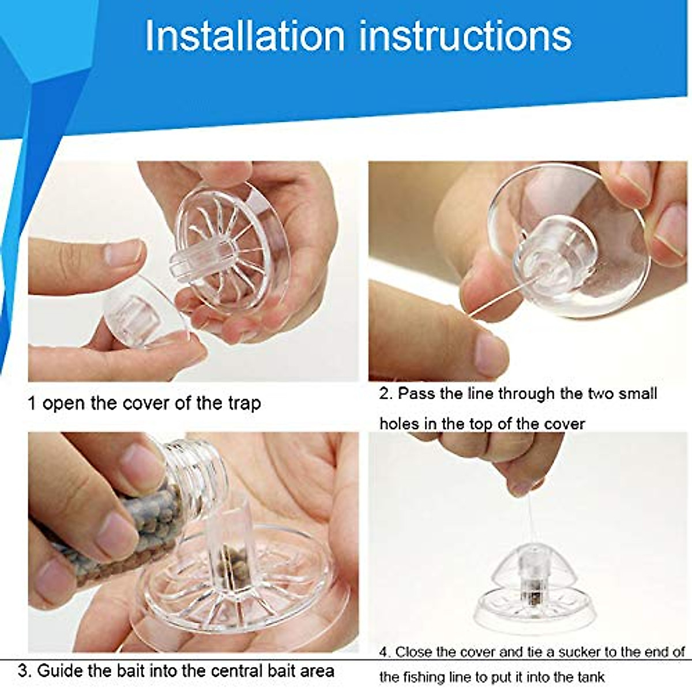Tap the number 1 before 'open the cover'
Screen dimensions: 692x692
[x=32, y=403]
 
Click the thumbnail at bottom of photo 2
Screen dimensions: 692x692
[x=490, y=349]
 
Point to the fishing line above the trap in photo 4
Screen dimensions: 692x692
[x=526, y=525]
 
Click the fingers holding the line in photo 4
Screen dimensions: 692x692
[x=507, y=461]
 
